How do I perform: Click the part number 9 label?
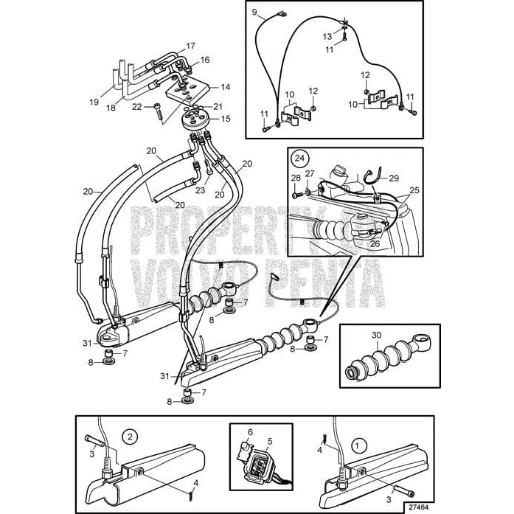(x=254, y=13)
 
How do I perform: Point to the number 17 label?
(x=191, y=46)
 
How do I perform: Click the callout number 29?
(x=394, y=178)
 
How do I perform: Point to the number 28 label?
(x=295, y=178)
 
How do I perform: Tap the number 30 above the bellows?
(x=376, y=335)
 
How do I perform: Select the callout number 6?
(x=250, y=432)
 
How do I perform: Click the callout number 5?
(x=270, y=441)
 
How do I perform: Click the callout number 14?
(x=225, y=86)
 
